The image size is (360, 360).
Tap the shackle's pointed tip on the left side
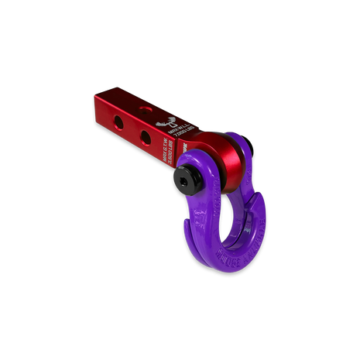[x=187, y=223]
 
